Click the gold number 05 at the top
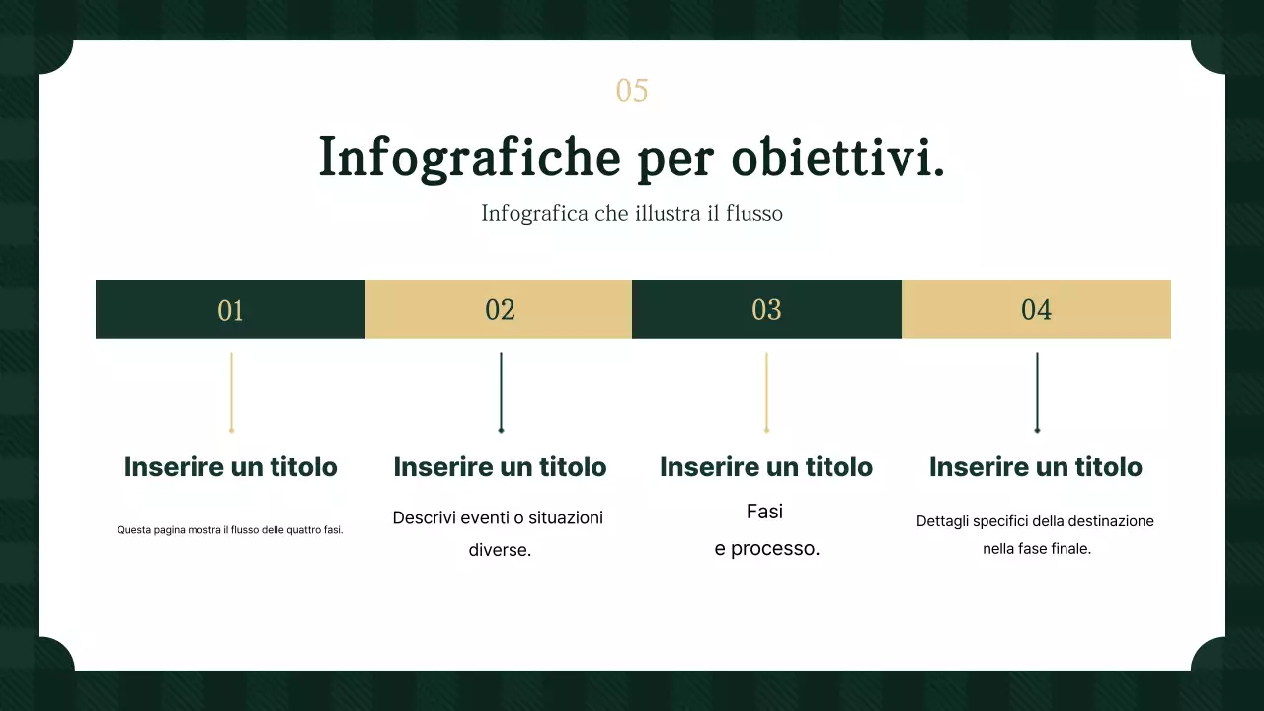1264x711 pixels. click(x=632, y=91)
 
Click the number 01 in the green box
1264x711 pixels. click(x=230, y=310)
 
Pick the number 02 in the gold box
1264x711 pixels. click(x=500, y=310)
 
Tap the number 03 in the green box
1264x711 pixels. click(x=766, y=310)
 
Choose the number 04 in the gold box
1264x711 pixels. click(x=1036, y=310)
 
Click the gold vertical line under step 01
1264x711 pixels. click(x=231, y=391)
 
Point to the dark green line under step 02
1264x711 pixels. click(x=501, y=391)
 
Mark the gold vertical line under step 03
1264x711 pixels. click(x=766, y=391)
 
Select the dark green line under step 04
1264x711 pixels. click(x=1037, y=391)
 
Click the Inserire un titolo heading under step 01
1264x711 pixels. click(x=230, y=467)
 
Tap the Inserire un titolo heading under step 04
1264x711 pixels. click(x=1036, y=467)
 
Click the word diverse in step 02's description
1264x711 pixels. click(x=500, y=550)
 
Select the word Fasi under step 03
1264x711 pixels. click(x=764, y=512)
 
